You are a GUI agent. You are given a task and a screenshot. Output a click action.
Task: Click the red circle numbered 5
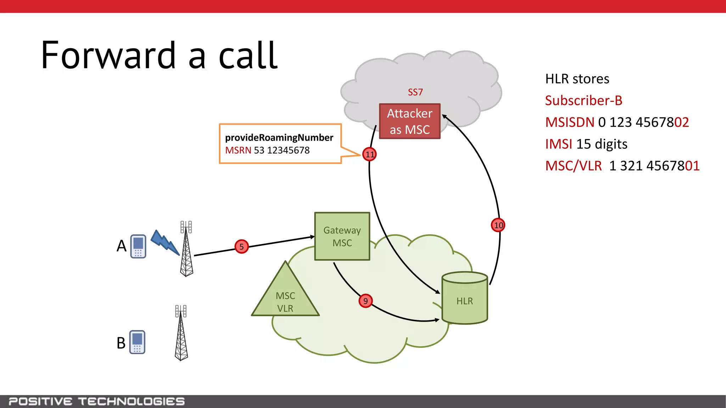point(241,246)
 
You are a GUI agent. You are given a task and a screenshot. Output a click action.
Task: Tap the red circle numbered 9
point(365,301)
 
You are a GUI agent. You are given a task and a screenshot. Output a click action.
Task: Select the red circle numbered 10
point(498,225)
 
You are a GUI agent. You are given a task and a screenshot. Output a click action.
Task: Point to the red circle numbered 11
point(369,154)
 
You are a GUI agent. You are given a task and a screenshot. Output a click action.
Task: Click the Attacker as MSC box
point(409,121)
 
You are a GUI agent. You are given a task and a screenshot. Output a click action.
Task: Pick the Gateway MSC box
point(342,236)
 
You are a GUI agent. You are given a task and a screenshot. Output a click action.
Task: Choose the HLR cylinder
point(465,298)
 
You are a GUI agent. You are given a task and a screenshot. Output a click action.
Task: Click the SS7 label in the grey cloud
point(415,92)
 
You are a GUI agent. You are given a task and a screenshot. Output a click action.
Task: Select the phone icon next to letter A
point(138,246)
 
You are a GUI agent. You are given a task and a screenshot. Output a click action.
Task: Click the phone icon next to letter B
point(137,342)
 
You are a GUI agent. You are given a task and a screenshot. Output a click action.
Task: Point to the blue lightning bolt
point(165,243)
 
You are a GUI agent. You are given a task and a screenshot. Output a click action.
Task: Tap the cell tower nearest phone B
point(181,333)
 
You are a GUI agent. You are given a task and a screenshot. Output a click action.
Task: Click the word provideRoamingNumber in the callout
point(279,137)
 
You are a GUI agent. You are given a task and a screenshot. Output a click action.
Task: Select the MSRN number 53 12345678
point(281,151)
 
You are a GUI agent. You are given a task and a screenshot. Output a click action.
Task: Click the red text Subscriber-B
point(583,101)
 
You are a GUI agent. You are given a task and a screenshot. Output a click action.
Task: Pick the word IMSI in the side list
point(559,144)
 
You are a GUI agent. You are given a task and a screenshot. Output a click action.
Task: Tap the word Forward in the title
point(108,56)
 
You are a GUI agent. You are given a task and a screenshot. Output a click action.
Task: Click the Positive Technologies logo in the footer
point(96,401)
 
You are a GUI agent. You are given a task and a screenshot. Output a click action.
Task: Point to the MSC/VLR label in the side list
point(573,166)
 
